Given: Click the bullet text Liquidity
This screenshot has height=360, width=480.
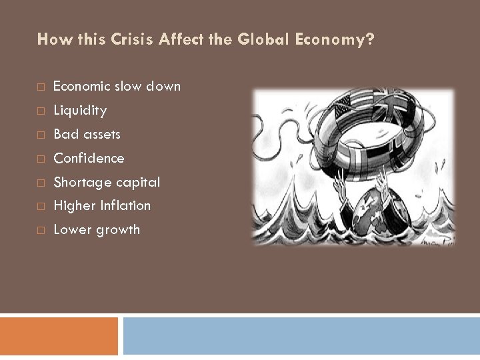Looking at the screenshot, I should coord(79,110).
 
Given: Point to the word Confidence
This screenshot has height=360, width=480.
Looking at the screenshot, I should coord(89,158).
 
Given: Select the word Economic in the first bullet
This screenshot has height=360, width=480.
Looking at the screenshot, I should coord(83,86).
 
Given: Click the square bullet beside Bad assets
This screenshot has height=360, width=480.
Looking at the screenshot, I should coord(41,135).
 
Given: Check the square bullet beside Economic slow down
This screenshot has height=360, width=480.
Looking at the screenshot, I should coord(41,87).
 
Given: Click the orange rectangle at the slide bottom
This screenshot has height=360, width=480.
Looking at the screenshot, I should coord(59,335).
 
